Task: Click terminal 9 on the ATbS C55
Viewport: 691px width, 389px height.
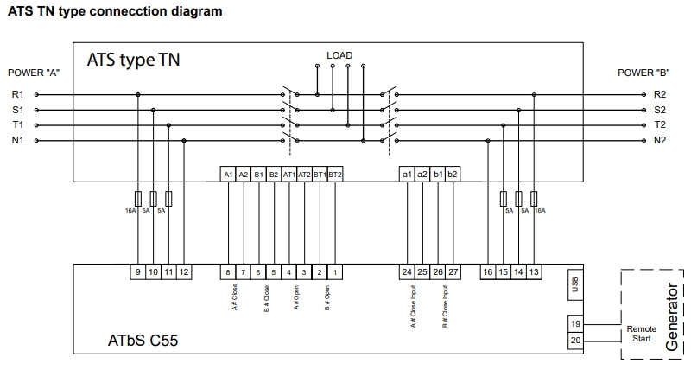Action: (x=138, y=271)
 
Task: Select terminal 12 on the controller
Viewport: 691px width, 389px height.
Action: (x=184, y=271)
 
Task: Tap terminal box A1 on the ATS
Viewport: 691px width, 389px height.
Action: (x=229, y=174)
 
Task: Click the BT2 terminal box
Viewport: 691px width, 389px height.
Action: (x=335, y=174)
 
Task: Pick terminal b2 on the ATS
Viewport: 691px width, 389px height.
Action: (x=453, y=174)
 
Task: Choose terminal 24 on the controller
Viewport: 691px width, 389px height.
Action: (x=407, y=271)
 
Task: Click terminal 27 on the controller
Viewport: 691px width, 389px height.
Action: (x=453, y=271)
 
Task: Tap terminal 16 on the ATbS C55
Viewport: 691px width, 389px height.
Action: (x=489, y=271)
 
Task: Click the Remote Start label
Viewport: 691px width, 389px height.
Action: (x=641, y=333)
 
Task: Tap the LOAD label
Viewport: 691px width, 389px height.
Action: (x=339, y=56)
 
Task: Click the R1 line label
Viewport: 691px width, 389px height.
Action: (x=17, y=93)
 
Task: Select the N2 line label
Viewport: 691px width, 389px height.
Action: (x=660, y=140)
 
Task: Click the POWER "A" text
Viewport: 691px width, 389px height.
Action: (x=33, y=73)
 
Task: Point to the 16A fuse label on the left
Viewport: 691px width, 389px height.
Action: (x=130, y=210)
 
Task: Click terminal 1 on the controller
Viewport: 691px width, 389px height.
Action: (x=335, y=271)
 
